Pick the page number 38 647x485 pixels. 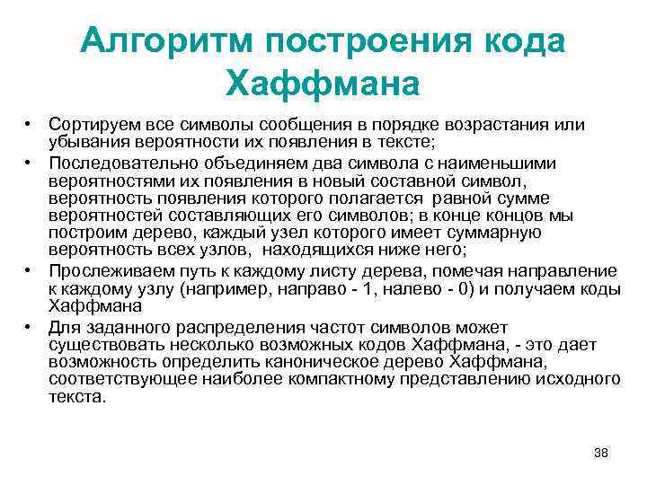point(601,452)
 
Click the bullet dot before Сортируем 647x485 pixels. point(29,124)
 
